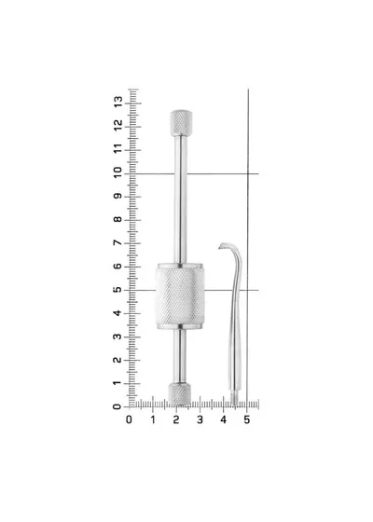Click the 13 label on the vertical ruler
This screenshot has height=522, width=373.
click(x=117, y=102)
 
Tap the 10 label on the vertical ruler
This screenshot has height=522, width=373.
click(x=117, y=172)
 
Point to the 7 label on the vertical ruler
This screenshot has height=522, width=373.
click(x=117, y=243)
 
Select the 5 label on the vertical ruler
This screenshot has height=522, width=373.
click(x=117, y=290)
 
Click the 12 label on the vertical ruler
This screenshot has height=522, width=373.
click(x=117, y=125)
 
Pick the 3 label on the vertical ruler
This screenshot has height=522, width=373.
click(x=117, y=337)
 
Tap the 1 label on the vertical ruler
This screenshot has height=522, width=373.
click(x=117, y=383)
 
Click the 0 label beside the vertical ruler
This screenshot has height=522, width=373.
click(x=117, y=406)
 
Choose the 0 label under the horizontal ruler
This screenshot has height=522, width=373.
click(x=130, y=419)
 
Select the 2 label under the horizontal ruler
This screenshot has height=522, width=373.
click(x=176, y=419)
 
